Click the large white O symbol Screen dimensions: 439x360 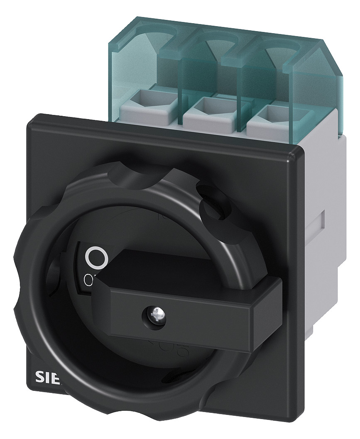coord(96,258)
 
